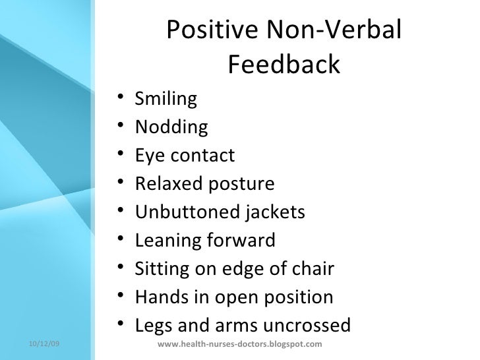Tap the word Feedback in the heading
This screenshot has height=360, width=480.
click(284, 64)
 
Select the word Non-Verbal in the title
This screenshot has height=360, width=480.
click(334, 29)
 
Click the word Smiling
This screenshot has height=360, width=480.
click(166, 99)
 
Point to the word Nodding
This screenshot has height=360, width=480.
click(171, 127)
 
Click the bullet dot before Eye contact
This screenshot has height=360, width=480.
click(120, 152)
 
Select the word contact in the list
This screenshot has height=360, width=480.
click(202, 155)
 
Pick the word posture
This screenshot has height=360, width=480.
click(241, 185)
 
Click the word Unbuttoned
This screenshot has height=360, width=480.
click(187, 212)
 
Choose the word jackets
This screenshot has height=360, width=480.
click(275, 212)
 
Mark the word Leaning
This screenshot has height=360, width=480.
click(167, 241)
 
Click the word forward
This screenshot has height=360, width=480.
click(241, 240)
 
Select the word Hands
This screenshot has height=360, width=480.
click(162, 297)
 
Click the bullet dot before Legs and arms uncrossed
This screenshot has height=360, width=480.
click(120, 323)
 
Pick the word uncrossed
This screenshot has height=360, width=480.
click(307, 326)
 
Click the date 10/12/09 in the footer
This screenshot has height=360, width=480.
click(44, 344)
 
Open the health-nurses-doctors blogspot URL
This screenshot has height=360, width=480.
click(240, 344)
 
